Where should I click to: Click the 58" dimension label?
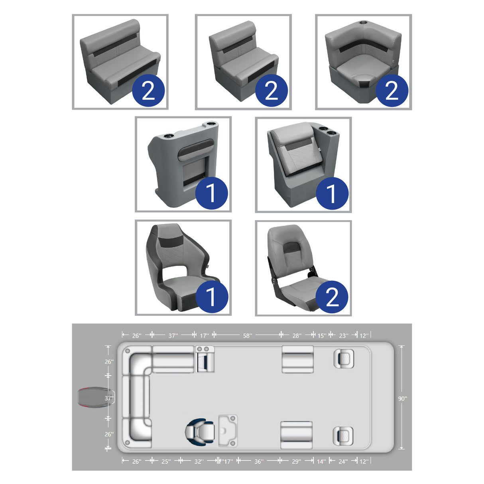248,336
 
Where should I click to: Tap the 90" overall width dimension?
402,398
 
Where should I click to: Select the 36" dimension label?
259,461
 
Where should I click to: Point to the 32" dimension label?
199,461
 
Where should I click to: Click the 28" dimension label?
297,336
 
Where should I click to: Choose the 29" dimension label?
296,461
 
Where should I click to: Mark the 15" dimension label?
321,336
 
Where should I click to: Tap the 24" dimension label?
342,461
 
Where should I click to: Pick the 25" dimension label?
166,461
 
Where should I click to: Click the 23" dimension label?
343,336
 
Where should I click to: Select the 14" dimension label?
321,461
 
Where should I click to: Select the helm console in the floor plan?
228,431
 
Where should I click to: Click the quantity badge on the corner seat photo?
392,91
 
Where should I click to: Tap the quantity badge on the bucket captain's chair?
211,297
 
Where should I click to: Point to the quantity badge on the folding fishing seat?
332,297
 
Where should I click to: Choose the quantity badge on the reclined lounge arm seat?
332,194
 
